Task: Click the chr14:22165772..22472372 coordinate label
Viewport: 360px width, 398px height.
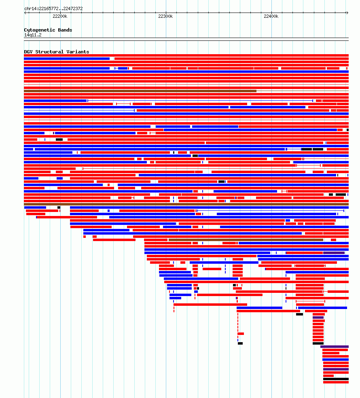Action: (x=53, y=8)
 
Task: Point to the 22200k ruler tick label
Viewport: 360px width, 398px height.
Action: (x=60, y=16)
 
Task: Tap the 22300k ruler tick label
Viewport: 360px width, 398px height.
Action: (x=165, y=16)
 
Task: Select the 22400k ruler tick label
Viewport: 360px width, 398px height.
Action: (x=271, y=16)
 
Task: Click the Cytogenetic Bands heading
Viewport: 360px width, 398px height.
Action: (x=48, y=30)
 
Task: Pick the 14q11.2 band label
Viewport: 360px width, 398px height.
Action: (x=33, y=35)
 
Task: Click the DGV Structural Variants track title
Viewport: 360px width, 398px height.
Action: (x=57, y=52)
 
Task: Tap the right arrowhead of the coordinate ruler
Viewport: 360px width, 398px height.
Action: (x=347, y=13)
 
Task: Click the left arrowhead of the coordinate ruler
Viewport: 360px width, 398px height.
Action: (x=25, y=13)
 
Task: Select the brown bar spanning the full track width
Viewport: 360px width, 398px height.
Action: (x=186, y=204)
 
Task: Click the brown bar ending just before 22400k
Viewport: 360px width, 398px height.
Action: (x=140, y=91)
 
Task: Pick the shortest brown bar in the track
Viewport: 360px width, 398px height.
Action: (x=246, y=240)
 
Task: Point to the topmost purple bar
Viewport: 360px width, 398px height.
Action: (x=334, y=253)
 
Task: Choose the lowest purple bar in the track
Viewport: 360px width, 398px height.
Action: (x=336, y=369)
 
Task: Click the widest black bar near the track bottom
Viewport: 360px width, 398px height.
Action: (x=336, y=379)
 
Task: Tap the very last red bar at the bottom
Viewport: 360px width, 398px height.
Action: (x=336, y=382)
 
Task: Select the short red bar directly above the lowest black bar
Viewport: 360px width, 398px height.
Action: (x=328, y=376)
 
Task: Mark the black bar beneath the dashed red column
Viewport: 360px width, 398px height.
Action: (x=240, y=343)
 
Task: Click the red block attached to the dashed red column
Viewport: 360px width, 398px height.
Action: (x=241, y=334)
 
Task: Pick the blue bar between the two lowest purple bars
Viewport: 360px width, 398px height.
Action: (x=335, y=360)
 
